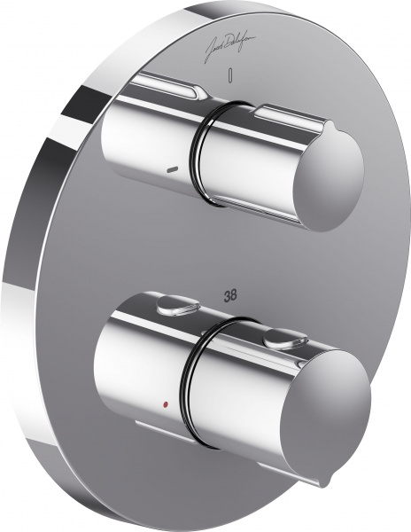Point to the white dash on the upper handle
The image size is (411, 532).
(171, 166)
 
